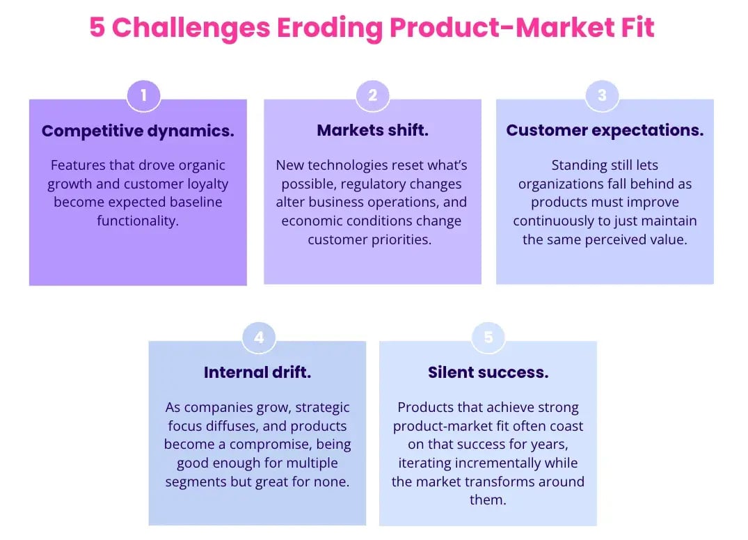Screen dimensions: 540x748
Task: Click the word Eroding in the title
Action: pos(330,28)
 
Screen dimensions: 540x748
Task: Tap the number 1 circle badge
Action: pos(143,95)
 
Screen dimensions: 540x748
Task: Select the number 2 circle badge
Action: pos(372,95)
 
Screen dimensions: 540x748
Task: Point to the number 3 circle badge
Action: pos(603,95)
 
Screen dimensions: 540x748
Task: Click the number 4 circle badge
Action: pos(259,337)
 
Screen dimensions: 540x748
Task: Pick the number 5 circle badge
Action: pos(488,337)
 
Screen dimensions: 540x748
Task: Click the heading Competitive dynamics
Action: pos(138,131)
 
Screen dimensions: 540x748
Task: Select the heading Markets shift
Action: pos(372,131)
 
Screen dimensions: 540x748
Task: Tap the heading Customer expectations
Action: pos(605,131)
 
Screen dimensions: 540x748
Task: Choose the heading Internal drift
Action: pos(257,372)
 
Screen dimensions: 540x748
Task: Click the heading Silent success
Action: pos(488,372)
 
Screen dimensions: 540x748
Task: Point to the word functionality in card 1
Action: pos(138,221)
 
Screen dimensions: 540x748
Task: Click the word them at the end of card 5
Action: pos(488,500)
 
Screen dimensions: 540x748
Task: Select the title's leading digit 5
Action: pos(98,28)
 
